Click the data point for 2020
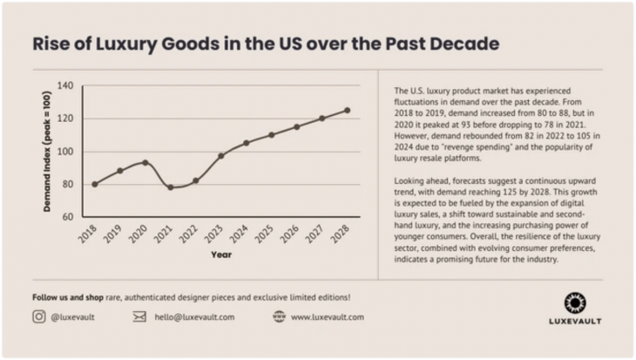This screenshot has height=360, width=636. click(x=145, y=163)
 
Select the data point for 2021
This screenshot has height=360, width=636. click(x=171, y=187)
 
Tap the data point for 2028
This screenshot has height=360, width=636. click(x=347, y=111)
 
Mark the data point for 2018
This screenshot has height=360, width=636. click(x=95, y=184)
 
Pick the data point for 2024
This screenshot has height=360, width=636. click(x=246, y=143)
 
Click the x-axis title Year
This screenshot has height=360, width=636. click(x=220, y=255)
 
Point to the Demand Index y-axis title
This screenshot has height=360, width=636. click(x=47, y=151)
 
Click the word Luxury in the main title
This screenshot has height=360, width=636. click(x=119, y=43)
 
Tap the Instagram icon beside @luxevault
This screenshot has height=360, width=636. click(x=39, y=317)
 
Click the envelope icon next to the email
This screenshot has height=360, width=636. click(x=139, y=317)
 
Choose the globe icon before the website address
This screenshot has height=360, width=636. click(x=279, y=317)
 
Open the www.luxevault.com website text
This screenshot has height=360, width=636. click(x=328, y=317)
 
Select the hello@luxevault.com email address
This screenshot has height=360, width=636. click(x=196, y=317)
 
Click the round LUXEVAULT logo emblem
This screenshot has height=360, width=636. click(x=574, y=302)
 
